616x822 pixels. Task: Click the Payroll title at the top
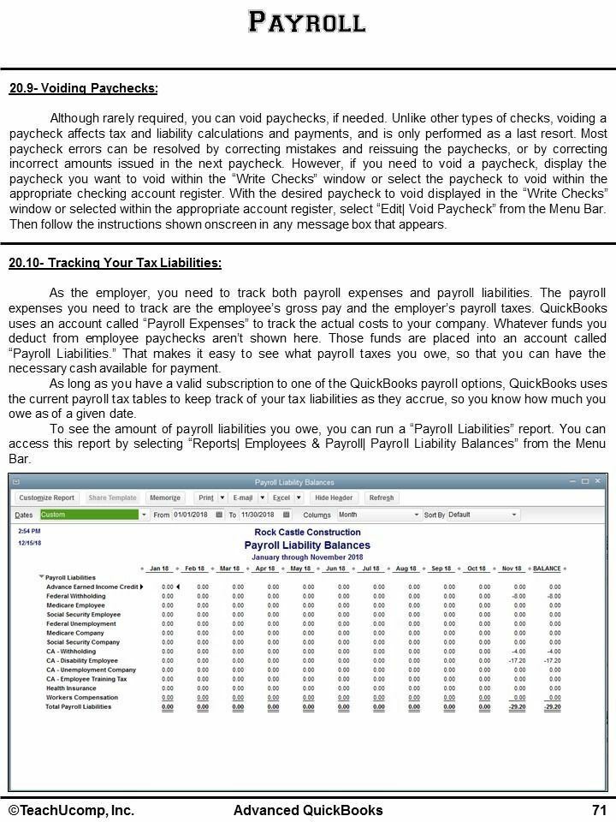(x=307, y=21)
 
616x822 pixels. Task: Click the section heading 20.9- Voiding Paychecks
(x=83, y=88)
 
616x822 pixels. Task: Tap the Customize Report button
(x=47, y=497)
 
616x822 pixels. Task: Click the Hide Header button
(x=334, y=497)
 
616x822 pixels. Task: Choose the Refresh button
(x=381, y=497)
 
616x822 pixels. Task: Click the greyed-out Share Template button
(x=112, y=497)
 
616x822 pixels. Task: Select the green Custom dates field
(x=88, y=515)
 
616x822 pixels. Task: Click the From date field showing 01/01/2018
(x=192, y=515)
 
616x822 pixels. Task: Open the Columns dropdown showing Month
(x=379, y=515)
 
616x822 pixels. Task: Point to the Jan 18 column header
(x=159, y=569)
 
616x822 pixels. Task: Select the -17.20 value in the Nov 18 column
(x=517, y=661)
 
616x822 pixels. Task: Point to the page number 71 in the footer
(x=598, y=810)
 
